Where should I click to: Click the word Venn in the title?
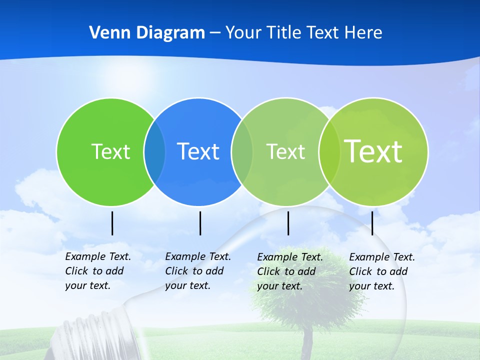(104, 33)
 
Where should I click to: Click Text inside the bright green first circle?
(110, 151)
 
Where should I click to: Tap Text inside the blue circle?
(198, 151)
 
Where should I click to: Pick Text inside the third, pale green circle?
(285, 151)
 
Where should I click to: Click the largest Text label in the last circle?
(373, 151)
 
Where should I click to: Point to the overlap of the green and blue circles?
(154, 151)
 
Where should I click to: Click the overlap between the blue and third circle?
(242, 151)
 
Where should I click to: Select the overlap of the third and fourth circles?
(329, 151)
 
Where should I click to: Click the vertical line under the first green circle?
(112, 223)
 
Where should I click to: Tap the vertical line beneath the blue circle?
(200, 223)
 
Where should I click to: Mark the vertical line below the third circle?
(288, 223)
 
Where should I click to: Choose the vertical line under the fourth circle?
(372, 223)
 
